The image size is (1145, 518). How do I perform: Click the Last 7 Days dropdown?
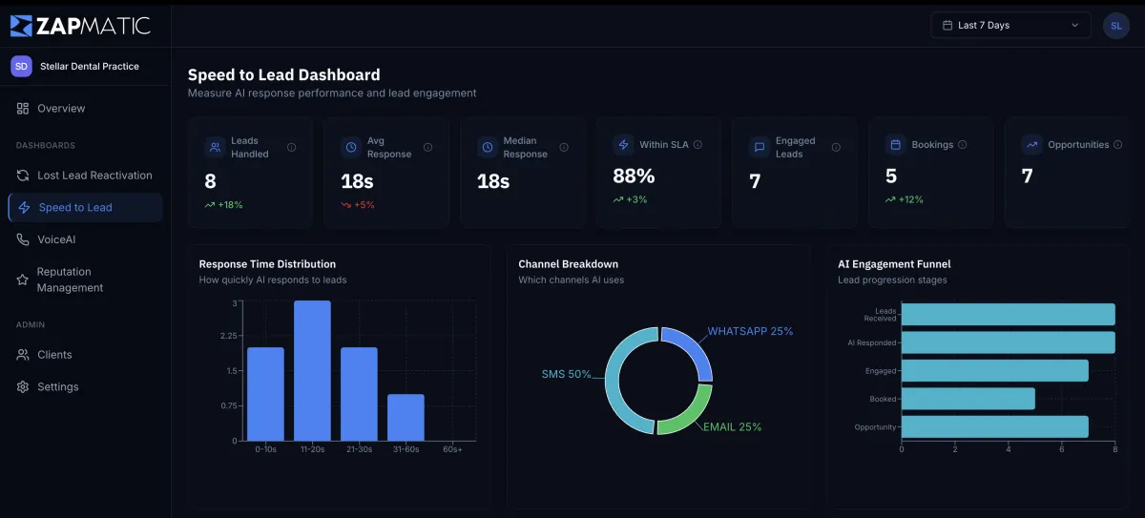pos(1010,25)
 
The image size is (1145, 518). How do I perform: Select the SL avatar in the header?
pos(1115,26)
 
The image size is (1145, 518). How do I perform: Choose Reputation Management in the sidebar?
pos(70,280)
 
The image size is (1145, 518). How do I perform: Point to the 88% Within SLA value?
pos(634,176)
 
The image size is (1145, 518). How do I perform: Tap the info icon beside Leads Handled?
pos(291,147)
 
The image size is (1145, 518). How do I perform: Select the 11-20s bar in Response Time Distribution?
pos(312,370)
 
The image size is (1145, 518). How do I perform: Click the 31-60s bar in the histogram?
pos(406,417)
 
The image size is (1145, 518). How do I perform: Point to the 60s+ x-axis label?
pos(452,449)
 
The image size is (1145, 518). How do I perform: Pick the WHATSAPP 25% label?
pos(750,331)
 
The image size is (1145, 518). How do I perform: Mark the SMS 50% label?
pos(566,374)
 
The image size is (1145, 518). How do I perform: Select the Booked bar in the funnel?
pos(968,399)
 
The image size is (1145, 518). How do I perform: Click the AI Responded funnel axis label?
pos(871,342)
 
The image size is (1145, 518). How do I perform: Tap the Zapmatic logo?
pos(80,26)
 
